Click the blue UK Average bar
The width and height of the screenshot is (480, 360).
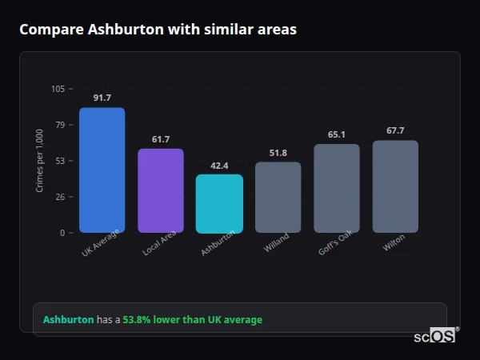[102, 170]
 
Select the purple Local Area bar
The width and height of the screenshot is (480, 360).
[161, 190]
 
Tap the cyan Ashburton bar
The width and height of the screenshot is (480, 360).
[219, 203]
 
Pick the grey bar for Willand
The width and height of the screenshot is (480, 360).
[278, 197]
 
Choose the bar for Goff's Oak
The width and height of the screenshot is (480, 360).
[337, 188]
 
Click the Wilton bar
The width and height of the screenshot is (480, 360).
[395, 186]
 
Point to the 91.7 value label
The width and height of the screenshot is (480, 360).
[102, 98]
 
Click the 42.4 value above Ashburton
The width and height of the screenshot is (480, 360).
[219, 166]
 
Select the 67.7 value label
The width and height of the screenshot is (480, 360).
[395, 130]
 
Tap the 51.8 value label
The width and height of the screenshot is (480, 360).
[278, 153]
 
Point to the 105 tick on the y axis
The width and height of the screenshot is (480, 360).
[58, 89]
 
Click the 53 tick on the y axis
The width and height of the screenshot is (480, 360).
[60, 161]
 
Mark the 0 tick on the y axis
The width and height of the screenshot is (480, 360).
[62, 233]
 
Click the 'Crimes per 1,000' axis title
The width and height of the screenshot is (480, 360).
[40, 161]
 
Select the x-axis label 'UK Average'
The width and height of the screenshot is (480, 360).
[101, 243]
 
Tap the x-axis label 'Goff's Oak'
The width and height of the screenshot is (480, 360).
[335, 243]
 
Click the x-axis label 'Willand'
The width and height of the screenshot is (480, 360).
[276, 242]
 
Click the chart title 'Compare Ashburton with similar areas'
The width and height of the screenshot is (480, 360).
[158, 30]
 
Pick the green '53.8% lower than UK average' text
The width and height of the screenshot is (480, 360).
[192, 320]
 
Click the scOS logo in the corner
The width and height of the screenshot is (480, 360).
[434, 336]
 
